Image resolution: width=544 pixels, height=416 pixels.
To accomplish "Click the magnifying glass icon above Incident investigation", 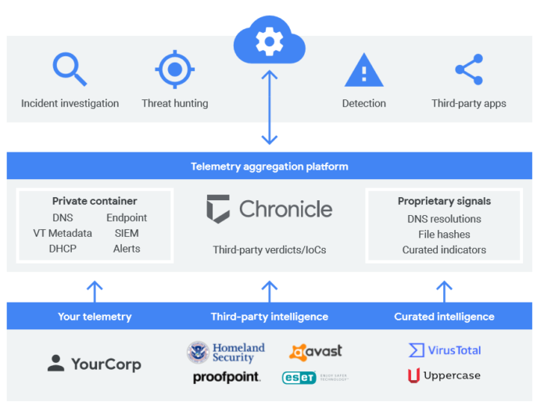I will point(69,69).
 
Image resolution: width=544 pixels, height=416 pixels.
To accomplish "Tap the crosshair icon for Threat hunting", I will point(174,70).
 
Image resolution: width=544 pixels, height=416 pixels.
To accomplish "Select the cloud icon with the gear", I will point(269,41).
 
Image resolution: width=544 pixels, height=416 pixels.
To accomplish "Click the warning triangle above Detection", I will point(363,70).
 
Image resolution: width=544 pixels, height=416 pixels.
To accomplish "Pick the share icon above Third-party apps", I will point(468,70).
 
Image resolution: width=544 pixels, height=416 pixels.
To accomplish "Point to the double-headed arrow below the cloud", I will point(269,107).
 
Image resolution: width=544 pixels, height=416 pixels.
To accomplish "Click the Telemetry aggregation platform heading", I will point(269,167).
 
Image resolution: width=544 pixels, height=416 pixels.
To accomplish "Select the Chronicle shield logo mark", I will point(218,209).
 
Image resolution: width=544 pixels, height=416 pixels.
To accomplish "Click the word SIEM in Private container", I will point(127,233).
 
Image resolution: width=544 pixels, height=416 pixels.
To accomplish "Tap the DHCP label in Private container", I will point(63,249).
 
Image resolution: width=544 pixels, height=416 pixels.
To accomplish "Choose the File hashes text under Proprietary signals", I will point(444,235).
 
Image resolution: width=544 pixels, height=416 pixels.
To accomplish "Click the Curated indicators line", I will point(444,250).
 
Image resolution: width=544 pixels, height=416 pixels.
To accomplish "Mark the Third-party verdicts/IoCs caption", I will point(270,250).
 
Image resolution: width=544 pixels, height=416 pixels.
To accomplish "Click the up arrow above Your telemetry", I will point(95,292).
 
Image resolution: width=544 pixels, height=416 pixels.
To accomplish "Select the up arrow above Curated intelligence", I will point(444,292).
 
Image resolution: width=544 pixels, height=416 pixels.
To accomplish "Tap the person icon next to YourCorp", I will point(55,364).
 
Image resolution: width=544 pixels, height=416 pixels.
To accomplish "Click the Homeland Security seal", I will point(199,352).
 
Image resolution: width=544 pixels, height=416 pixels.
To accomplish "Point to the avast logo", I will point(316,352).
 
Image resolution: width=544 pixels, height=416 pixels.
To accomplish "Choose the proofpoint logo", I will point(226,378).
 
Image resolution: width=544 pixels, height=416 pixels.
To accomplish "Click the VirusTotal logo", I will point(445,350).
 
